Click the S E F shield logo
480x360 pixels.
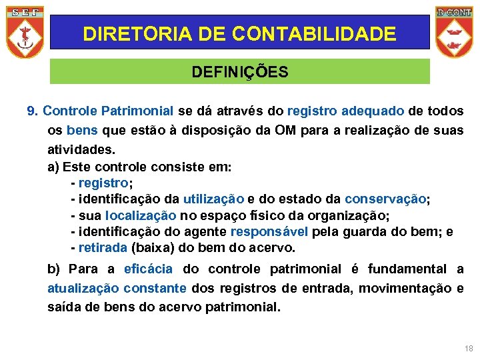pyautogui.click(x=25, y=31)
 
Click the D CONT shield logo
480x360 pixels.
pyautogui.click(x=453, y=31)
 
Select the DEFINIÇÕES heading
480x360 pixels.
pyautogui.click(x=240, y=72)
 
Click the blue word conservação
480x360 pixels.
pyautogui.click(x=385, y=199)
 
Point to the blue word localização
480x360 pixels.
pyautogui.click(x=141, y=215)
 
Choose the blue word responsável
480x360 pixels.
pyautogui.click(x=269, y=232)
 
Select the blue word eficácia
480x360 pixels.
pyautogui.click(x=148, y=269)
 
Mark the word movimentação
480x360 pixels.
pyautogui.click(x=407, y=288)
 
